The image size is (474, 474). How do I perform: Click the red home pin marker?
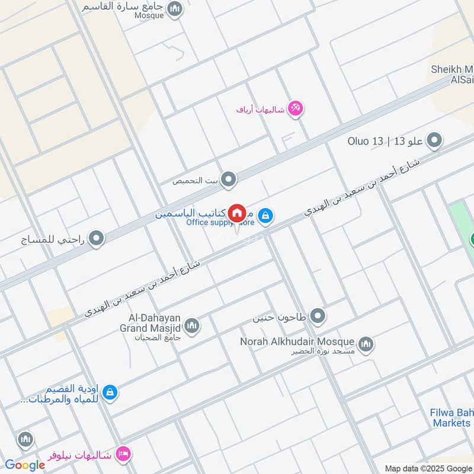[x=237, y=213]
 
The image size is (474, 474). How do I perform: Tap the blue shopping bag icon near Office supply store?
[x=266, y=214]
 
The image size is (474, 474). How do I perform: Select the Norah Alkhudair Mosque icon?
[x=366, y=343]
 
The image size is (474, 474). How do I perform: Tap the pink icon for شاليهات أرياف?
[x=296, y=108]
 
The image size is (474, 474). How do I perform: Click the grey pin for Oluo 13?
[x=435, y=141]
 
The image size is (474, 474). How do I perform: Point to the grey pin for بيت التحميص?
[x=229, y=180]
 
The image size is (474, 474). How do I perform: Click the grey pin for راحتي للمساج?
[x=96, y=239]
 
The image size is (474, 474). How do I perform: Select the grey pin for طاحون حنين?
[x=318, y=316]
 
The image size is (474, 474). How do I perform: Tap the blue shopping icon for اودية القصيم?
[x=109, y=392]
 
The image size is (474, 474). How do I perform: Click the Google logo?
[x=25, y=465]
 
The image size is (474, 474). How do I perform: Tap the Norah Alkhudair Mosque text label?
[x=297, y=342]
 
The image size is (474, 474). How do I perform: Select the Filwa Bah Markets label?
[x=451, y=418]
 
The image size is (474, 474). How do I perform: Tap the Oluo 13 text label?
[x=367, y=142]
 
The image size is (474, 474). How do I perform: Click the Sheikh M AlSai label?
[x=451, y=75]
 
